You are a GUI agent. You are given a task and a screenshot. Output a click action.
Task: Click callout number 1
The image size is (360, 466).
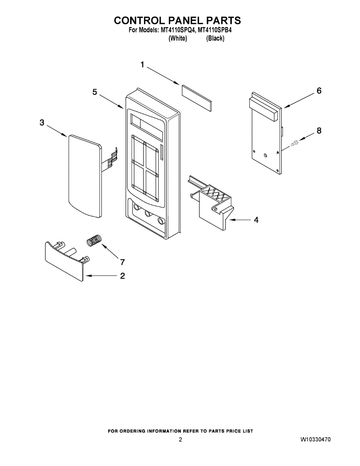143,65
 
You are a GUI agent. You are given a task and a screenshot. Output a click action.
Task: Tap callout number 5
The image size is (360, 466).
95,92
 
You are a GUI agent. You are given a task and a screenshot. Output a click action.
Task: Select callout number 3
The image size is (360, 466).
42,123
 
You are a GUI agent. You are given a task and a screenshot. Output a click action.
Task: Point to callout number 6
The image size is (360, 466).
319,90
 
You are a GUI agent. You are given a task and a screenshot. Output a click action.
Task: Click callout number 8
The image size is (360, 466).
319,130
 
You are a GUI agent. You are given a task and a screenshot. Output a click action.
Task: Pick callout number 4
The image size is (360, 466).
256,220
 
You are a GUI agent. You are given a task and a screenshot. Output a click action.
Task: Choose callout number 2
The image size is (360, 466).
122,276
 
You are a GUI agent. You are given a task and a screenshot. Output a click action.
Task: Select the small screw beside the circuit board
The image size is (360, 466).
294,144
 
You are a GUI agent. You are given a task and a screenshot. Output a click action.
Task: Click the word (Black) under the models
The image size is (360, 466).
215,38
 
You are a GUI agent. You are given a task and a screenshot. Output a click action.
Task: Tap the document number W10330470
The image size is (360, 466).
315,440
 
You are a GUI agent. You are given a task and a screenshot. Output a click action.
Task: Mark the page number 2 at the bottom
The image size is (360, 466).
180,440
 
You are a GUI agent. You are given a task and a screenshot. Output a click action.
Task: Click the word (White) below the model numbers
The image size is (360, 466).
177,38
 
